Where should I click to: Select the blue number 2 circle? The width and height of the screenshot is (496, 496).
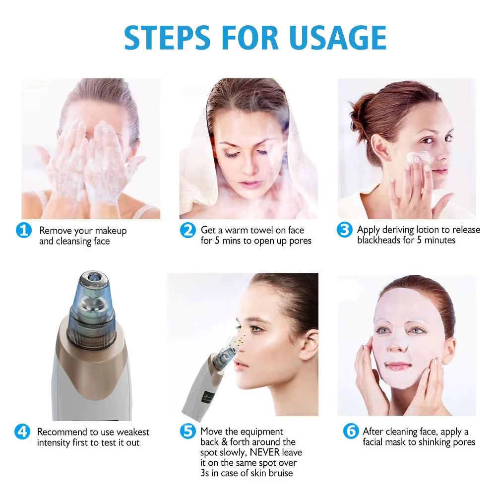(187, 230)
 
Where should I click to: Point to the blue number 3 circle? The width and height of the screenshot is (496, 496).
(344, 230)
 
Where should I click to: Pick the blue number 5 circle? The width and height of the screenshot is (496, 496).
(187, 432)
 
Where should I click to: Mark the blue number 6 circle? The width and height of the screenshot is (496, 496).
(350, 432)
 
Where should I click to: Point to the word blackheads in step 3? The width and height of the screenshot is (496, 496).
(378, 240)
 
